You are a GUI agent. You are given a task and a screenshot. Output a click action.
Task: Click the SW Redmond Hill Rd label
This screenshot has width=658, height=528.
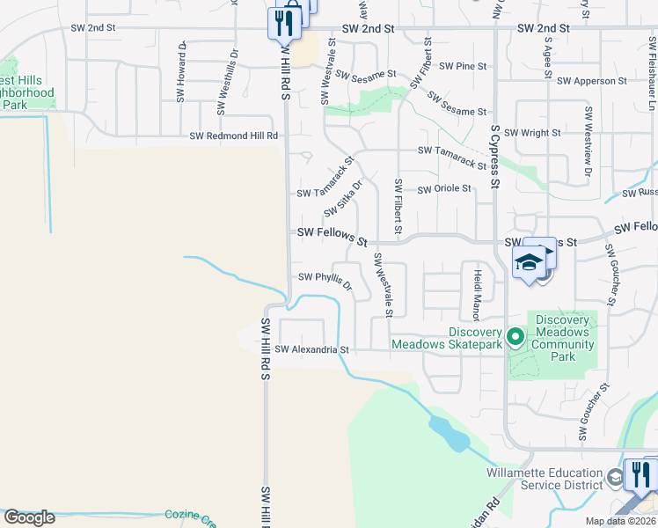pos(234,136)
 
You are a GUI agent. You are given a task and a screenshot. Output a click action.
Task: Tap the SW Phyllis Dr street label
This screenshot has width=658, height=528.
pos(325,280)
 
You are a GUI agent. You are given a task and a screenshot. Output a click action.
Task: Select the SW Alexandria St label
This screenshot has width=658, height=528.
pos(311,349)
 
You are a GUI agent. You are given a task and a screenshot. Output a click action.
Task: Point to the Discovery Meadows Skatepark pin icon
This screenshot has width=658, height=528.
pos(516,336)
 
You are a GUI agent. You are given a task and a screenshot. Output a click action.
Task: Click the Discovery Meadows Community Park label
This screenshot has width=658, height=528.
pos(563,338)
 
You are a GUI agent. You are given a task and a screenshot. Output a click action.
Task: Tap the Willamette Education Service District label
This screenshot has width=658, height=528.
pos(545,479)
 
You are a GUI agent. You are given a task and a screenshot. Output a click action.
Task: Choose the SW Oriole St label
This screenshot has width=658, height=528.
pos(444,188)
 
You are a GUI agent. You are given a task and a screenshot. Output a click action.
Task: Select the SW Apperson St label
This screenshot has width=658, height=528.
pos(592,81)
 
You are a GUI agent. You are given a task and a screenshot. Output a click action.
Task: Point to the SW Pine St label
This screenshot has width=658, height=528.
pos(463,66)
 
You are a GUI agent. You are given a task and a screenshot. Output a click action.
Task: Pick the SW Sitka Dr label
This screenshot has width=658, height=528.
pos(344,199)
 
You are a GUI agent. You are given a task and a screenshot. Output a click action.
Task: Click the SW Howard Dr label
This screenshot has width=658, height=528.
pos(181,72)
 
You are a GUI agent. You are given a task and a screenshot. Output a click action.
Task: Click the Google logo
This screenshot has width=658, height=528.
pos(29,517)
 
